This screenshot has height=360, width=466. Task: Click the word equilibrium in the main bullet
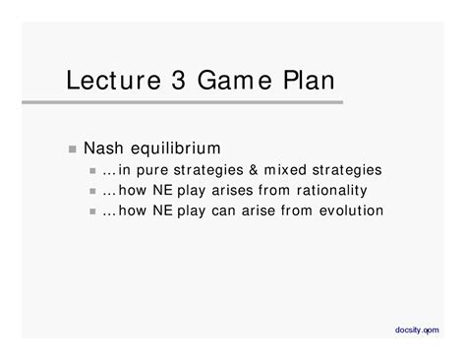tap(182, 150)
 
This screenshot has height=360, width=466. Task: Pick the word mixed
tap(300, 170)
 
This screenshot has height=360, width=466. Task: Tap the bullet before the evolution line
tap(92, 211)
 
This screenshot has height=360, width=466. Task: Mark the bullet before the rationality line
tap(92, 191)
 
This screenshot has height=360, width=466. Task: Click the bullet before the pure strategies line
tap(92, 171)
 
